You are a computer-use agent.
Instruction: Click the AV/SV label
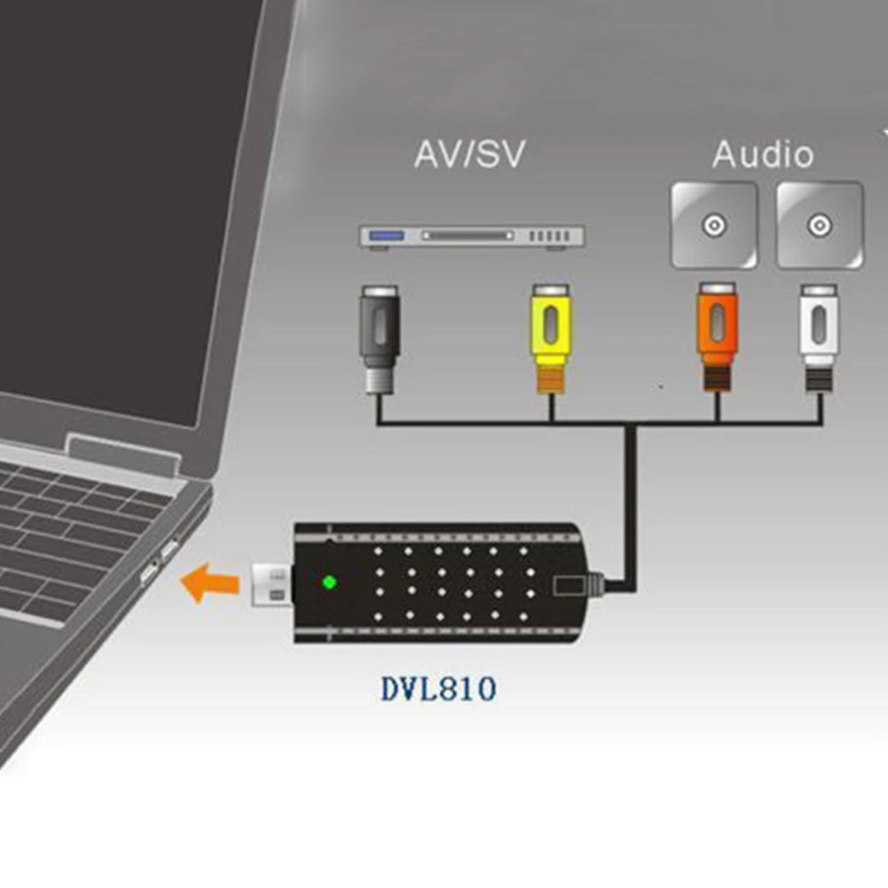coord(469,154)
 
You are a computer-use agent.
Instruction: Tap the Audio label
coord(763,154)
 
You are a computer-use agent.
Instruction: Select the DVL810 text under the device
coord(438,688)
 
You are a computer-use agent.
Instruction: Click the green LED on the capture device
coord(329,583)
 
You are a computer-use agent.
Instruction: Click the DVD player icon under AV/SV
coord(471,237)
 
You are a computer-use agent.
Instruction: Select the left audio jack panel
coord(714,224)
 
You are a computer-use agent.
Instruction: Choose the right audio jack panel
coord(819,224)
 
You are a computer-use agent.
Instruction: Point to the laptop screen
coord(115,195)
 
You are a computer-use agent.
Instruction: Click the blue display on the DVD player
coord(388,236)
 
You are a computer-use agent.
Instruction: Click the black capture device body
coord(444,583)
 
